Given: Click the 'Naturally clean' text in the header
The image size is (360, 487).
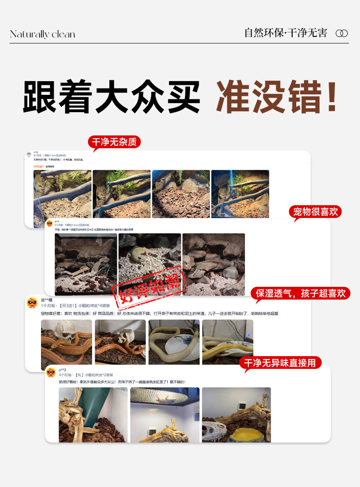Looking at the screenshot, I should point(42,34).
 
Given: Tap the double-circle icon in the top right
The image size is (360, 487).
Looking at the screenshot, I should point(341,33).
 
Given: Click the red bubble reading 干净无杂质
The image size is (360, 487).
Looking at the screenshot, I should point(114,142).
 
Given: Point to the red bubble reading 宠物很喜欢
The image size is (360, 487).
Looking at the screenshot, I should point(315,212).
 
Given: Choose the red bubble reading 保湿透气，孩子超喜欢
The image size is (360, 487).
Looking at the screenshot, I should point(301,293).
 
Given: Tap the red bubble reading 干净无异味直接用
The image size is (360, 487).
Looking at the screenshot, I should point(280,363).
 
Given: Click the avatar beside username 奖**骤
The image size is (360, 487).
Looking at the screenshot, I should point(32,303).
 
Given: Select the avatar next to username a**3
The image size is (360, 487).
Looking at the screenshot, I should point(51,372).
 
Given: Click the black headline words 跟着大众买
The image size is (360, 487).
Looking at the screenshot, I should point(112,97).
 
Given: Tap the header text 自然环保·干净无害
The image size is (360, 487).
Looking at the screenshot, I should point(286,33).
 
